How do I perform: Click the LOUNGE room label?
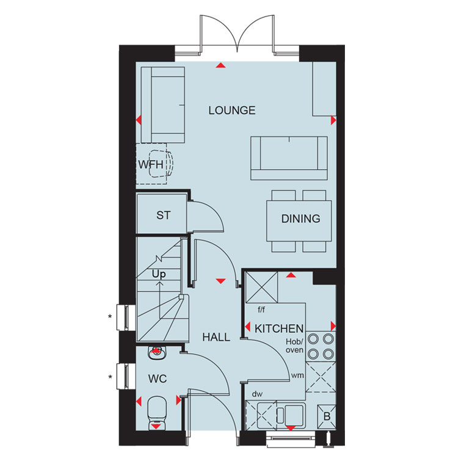(232, 111)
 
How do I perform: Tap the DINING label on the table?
(300, 219)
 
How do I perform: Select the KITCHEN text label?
(279, 328)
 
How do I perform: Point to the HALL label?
(216, 337)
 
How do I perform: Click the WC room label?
(158, 379)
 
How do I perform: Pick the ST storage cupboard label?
(164, 216)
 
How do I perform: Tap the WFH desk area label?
(151, 164)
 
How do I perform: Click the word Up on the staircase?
(159, 274)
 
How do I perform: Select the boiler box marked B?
(327, 416)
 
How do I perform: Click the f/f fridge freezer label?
(261, 310)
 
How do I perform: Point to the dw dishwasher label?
(257, 394)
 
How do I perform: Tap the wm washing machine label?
(297, 375)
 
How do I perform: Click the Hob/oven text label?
(294, 346)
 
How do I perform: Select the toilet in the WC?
(157, 413)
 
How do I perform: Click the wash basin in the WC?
(157, 352)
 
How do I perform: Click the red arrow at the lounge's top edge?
(221, 65)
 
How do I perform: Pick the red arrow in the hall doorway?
(221, 281)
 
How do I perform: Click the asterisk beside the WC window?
(110, 377)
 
